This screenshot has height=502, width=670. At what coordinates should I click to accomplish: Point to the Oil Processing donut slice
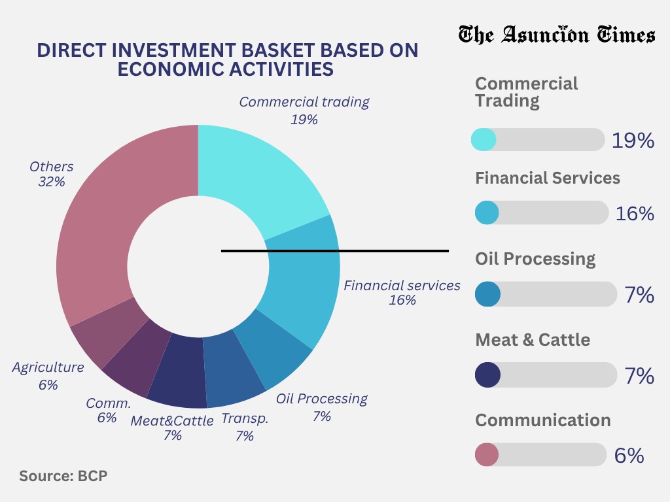(275, 350)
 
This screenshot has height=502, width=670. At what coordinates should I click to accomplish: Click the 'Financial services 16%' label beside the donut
(402, 293)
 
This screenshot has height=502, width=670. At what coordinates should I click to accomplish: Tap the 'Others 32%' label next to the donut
(51, 174)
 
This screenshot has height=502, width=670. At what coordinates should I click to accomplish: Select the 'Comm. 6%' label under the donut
(108, 410)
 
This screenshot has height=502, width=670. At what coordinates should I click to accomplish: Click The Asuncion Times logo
(556, 34)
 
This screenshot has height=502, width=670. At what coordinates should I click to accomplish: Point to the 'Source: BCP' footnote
(63, 476)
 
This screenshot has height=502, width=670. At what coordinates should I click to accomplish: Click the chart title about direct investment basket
(226, 59)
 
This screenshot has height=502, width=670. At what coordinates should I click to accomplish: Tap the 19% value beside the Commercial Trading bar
(632, 141)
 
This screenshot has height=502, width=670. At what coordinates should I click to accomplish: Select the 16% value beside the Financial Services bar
(634, 213)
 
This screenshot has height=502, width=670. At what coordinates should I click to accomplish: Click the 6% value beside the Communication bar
(629, 456)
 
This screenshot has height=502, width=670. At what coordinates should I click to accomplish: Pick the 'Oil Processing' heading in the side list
(535, 259)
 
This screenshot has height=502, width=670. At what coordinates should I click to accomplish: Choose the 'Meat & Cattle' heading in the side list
(533, 340)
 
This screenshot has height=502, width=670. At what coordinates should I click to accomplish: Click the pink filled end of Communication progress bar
(485, 454)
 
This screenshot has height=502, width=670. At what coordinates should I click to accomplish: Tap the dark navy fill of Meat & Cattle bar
(487, 375)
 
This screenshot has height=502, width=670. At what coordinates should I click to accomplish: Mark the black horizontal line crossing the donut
(393, 250)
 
